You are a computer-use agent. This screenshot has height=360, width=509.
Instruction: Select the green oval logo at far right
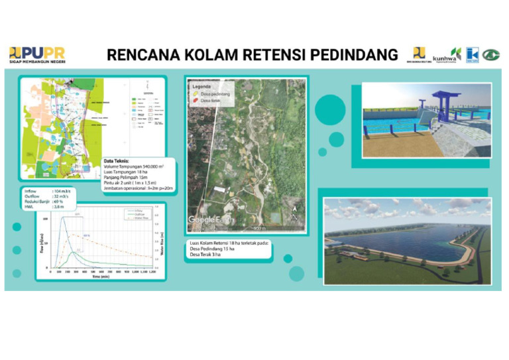point(490,54)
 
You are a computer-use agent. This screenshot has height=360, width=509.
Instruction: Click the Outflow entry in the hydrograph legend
point(139,213)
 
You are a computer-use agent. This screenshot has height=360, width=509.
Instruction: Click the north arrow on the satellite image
point(294,213)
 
